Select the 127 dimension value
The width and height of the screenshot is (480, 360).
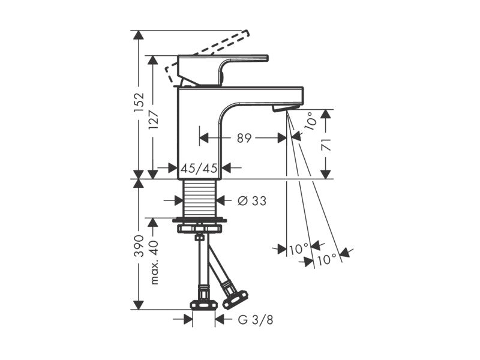[x=154, y=119]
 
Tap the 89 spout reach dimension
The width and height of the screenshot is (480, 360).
[x=244, y=138]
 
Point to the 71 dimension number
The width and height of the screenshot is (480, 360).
[x=327, y=145]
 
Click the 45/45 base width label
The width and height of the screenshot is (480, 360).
[x=199, y=168]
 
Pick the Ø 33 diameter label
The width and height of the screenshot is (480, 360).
[x=252, y=201]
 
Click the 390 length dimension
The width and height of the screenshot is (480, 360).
[x=139, y=245]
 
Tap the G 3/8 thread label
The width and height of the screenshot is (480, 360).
[x=256, y=320]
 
